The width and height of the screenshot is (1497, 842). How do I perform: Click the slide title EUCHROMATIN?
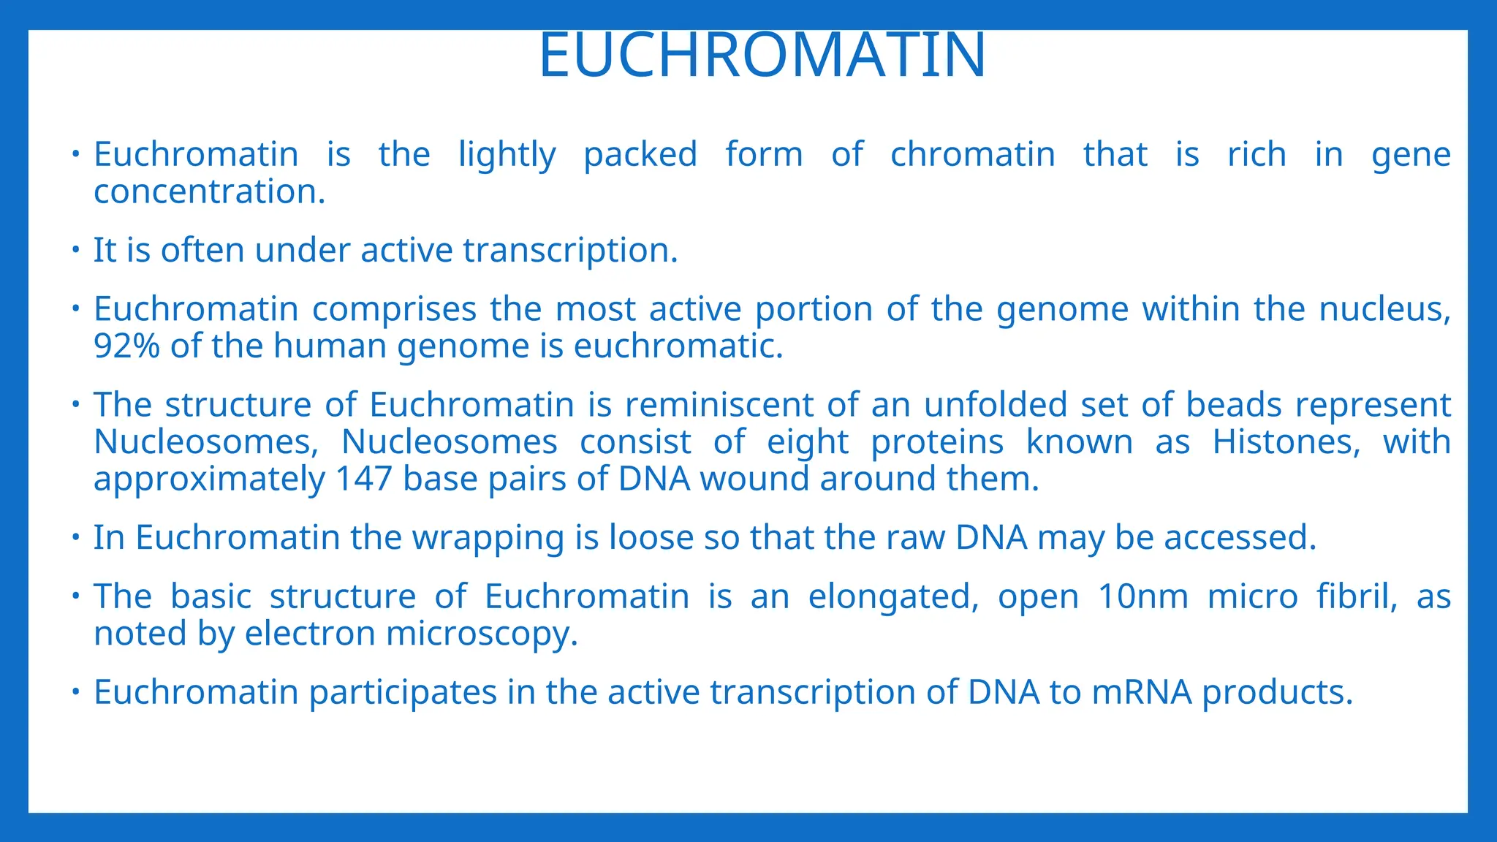point(762,56)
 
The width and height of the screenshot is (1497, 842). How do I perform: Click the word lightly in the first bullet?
point(507,155)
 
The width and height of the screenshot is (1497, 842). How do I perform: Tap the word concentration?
point(209,192)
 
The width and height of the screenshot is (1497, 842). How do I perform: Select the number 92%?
point(126,346)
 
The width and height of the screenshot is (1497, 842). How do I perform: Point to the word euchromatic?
point(678,346)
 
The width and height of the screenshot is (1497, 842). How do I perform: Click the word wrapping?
point(488,539)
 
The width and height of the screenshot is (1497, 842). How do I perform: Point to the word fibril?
point(1356,596)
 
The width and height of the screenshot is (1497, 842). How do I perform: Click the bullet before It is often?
point(75,250)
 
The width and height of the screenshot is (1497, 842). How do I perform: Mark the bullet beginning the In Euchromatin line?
point(75,538)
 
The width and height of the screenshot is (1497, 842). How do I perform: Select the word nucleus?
point(1384,309)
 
